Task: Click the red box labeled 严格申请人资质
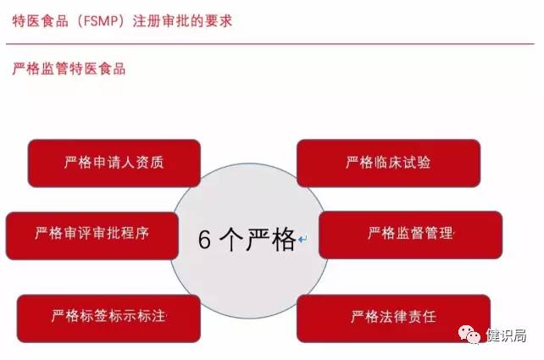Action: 114,163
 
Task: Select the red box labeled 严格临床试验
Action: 388,163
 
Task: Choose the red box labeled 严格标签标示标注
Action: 108,317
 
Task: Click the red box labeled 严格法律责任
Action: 393,317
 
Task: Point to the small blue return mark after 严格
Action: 303,242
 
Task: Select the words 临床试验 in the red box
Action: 402,163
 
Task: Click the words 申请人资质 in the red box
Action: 127,163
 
